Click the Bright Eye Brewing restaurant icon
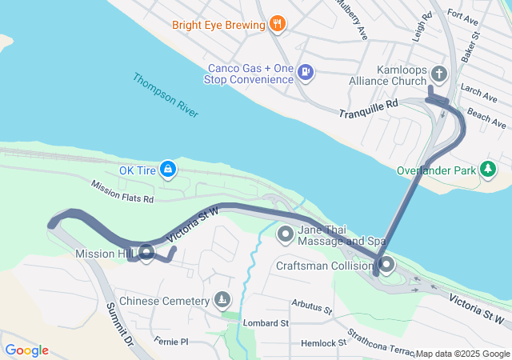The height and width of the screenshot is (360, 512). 278,24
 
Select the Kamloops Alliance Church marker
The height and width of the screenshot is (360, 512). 438,74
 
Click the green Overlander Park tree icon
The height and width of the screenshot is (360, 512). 487,170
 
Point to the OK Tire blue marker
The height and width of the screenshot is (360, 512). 167,170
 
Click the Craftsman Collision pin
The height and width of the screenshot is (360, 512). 386,265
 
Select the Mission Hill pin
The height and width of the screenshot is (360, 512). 146,254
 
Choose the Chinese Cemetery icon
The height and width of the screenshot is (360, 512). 222,301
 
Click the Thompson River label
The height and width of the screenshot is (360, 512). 166,97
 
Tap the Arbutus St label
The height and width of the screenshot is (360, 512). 312,306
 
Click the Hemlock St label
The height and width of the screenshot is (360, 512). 318,342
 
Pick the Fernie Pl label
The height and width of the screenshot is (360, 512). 170,341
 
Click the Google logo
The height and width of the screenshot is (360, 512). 26,350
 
